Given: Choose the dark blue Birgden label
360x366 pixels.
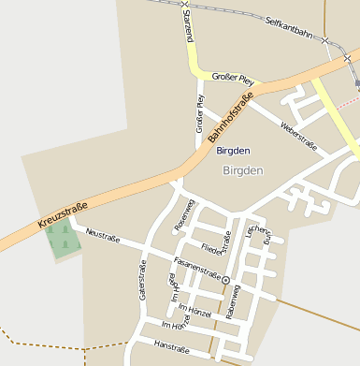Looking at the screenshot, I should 233,150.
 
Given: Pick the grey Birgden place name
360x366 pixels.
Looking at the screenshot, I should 243,170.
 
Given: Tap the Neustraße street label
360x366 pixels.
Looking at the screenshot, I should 103,232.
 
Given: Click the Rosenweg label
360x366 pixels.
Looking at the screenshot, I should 183,215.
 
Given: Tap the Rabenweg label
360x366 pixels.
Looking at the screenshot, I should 233,302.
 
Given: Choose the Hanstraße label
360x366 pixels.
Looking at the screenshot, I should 171,349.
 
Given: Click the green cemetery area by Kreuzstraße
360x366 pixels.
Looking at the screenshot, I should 63,239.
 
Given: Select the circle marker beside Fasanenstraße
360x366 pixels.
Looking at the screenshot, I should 225,280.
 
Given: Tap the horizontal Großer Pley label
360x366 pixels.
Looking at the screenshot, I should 233,77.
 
